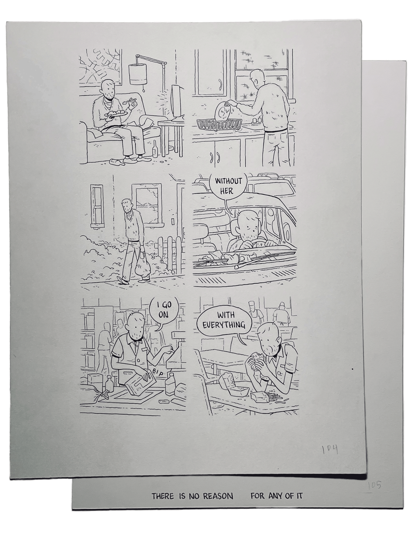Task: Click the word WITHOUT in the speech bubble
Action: point(228,181)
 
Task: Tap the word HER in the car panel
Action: point(227,191)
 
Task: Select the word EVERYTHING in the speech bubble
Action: point(224,325)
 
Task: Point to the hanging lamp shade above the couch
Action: point(138,74)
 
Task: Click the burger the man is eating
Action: point(259,360)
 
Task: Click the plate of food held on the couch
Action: point(116,113)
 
